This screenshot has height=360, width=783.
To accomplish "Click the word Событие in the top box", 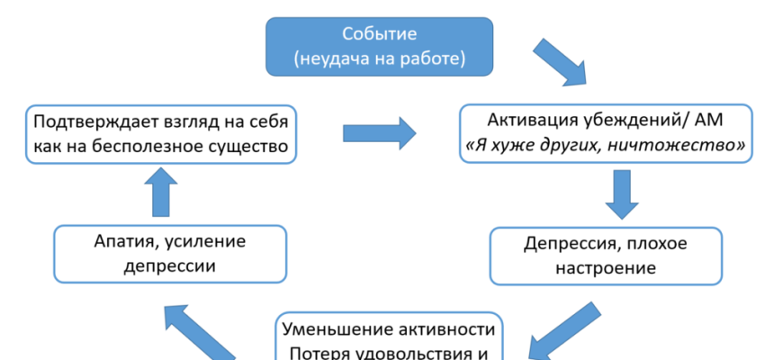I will tap(378, 34).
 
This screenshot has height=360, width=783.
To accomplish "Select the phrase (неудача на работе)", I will tap(378, 59).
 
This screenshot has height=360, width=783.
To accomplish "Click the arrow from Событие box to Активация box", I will tap(560, 62).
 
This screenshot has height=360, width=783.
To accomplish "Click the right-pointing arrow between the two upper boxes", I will tap(379, 133).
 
